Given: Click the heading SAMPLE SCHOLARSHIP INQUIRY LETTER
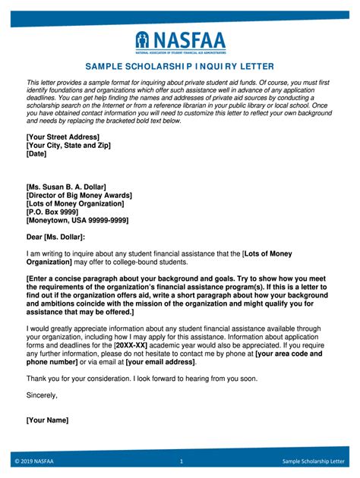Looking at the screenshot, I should pyautogui.click(x=180, y=67).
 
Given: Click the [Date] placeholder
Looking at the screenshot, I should pyautogui.click(x=36, y=153).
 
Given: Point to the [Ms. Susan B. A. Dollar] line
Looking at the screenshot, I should pyautogui.click(x=66, y=186).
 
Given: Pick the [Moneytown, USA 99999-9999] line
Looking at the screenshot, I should pyautogui.click(x=77, y=221).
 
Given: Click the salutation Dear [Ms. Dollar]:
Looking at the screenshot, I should pyautogui.click(x=56, y=237).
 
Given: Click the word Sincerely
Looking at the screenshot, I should pyautogui.click(x=42, y=395).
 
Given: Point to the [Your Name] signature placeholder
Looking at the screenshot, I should pyautogui.click(x=47, y=420).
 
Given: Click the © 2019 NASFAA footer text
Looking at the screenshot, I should pyautogui.click(x=33, y=461).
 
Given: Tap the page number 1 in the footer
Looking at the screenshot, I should pyautogui.click(x=182, y=461).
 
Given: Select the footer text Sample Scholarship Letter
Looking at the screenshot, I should pyautogui.click(x=314, y=461).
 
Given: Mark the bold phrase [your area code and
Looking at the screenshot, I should pyautogui.click(x=289, y=354).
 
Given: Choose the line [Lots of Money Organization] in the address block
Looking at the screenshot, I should pyautogui.click(x=74, y=203).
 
